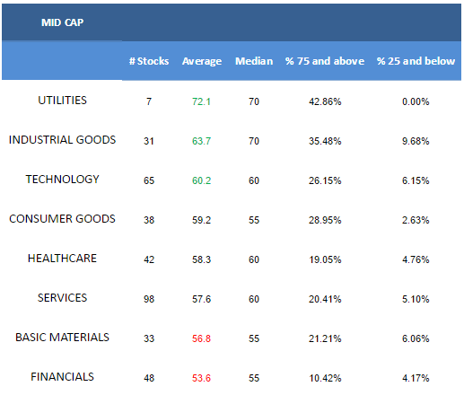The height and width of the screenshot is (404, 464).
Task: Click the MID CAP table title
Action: [62, 22]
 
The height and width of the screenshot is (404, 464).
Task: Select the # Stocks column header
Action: [149, 61]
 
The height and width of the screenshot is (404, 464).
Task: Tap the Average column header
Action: [202, 61]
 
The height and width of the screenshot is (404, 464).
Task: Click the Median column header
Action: [254, 61]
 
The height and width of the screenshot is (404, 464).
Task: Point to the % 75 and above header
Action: [325, 61]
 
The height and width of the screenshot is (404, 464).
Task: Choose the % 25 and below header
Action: [416, 61]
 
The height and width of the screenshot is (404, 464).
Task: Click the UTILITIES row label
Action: [62, 101]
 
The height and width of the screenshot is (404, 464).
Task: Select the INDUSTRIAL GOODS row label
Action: [62, 140]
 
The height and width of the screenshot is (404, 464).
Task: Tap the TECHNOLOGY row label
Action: [62, 180]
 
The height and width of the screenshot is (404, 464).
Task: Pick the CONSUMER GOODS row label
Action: [62, 219]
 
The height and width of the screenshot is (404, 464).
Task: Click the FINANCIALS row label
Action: [62, 377]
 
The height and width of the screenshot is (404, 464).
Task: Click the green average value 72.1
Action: [201, 101]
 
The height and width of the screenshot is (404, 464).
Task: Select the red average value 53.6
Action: [201, 378]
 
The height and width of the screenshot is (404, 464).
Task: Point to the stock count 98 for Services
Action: [149, 299]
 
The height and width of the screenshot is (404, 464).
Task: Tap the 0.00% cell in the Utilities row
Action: [416, 101]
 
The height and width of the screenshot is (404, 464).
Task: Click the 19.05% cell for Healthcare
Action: [325, 259]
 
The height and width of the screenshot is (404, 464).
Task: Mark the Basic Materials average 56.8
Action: [201, 338]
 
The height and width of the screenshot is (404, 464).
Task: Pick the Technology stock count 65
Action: [149, 180]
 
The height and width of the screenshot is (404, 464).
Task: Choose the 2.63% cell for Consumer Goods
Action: [416, 220]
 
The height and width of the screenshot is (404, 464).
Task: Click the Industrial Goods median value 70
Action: [254, 141]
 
